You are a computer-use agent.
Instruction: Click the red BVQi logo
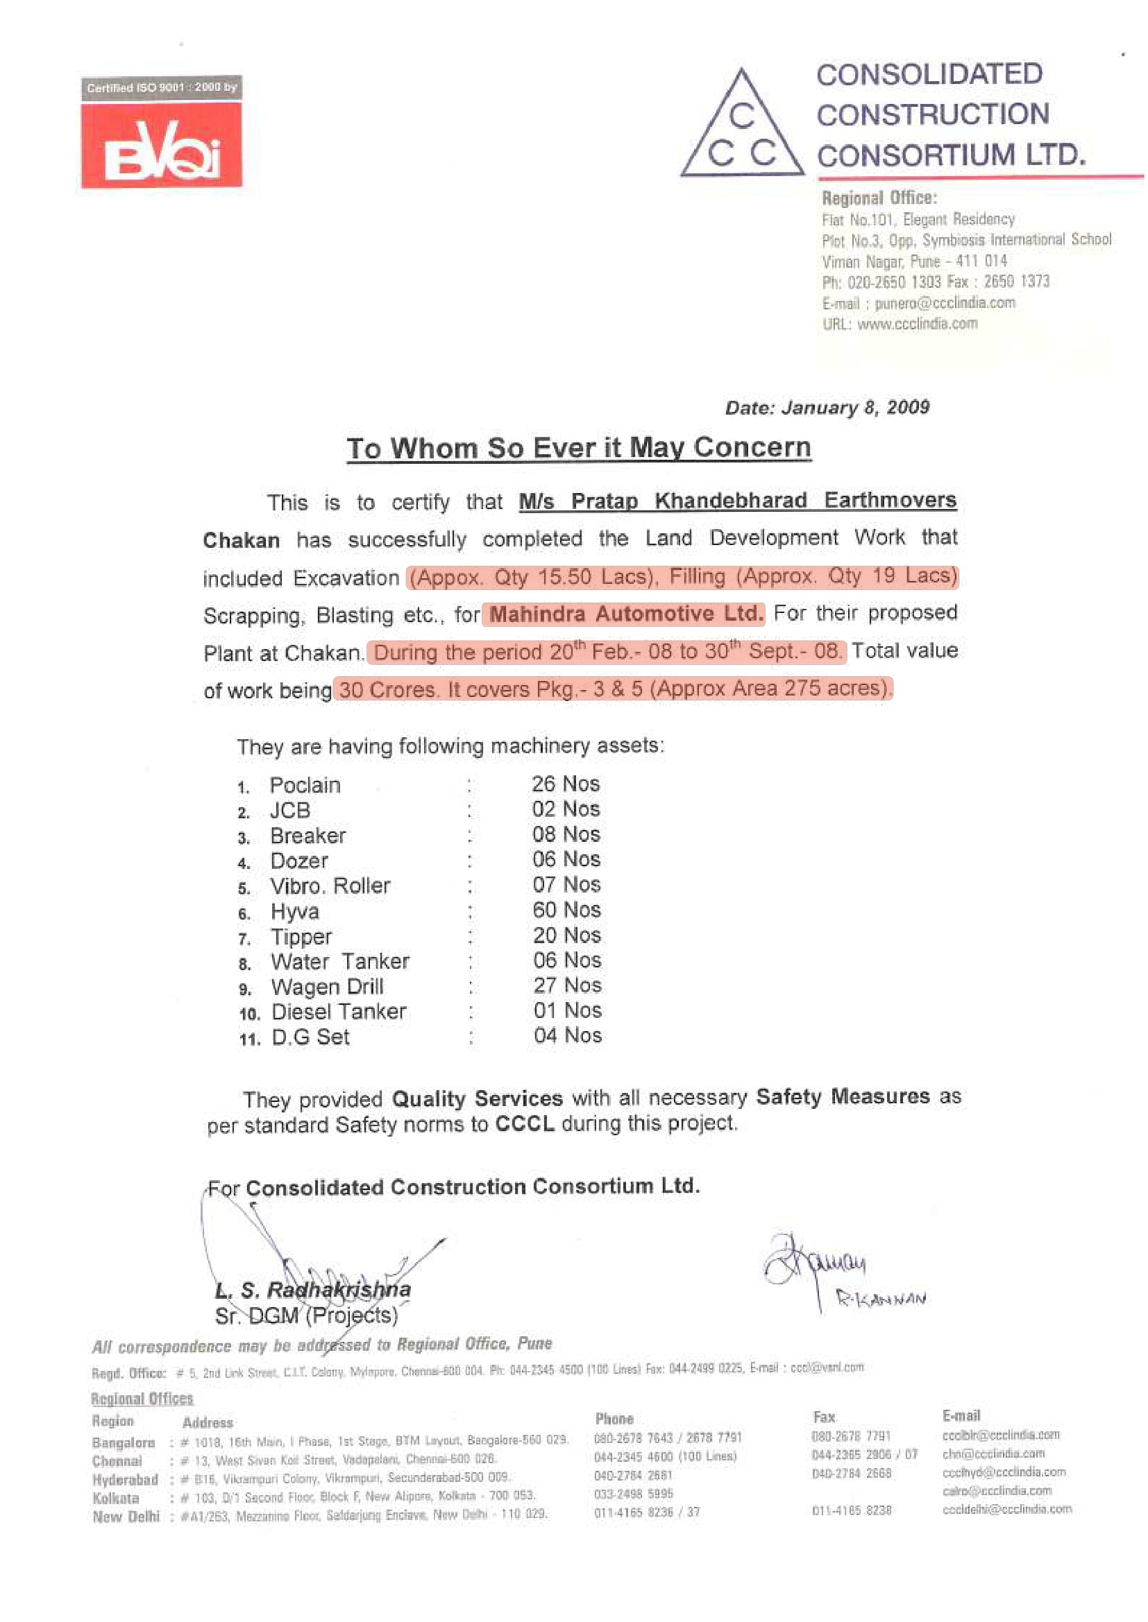tap(162, 146)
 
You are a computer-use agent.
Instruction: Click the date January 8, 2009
tap(827, 408)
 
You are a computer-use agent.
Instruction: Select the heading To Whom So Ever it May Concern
tap(578, 449)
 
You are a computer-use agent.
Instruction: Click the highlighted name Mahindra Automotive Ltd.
tap(625, 613)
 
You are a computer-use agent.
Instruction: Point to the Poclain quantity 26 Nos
tap(566, 784)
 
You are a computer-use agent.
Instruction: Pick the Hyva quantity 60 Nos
tap(567, 910)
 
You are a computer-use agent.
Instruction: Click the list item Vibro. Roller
tap(330, 887)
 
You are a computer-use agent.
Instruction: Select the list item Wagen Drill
tap(328, 987)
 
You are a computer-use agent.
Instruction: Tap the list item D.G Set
tap(311, 1037)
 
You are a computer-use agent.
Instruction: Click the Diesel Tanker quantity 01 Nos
tap(568, 1011)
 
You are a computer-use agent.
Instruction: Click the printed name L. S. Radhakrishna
tap(313, 1290)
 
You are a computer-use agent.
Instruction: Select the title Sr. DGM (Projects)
tap(307, 1315)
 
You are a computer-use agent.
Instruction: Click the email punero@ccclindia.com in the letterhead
tap(945, 304)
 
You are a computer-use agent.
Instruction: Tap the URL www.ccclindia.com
tap(918, 325)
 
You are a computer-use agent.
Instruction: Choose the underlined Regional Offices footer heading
tap(142, 1399)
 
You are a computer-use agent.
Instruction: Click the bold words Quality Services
tap(477, 1099)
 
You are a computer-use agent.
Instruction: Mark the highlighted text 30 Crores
tap(387, 689)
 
